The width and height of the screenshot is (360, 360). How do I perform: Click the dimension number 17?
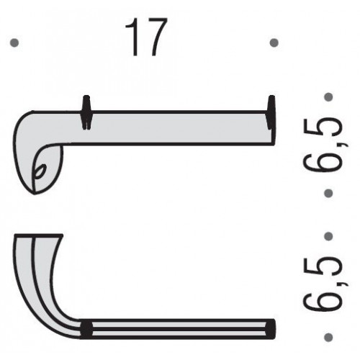point(146,37)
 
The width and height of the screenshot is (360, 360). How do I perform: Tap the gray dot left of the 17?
point(14,43)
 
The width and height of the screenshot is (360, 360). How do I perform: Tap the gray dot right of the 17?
point(274,43)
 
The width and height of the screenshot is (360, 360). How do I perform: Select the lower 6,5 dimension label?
point(322,283)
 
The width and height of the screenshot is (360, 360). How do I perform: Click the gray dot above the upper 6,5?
point(328,97)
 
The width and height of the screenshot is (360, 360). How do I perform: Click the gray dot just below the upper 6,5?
point(328,193)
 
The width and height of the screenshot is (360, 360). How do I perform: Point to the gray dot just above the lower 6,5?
point(328,236)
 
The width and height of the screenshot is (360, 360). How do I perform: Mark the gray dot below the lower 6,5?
point(328,337)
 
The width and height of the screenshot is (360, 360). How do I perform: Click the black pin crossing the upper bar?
point(86,112)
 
